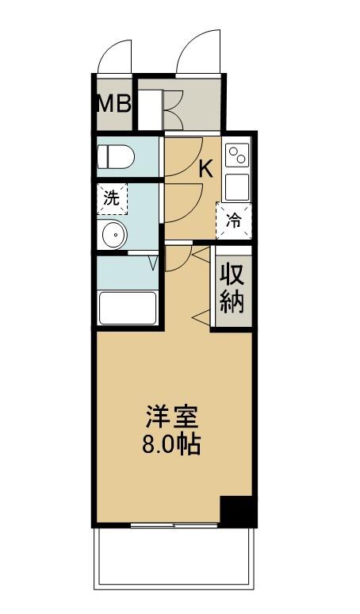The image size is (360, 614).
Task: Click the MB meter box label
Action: tap(113, 103)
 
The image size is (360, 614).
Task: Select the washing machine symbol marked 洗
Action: tap(112, 198)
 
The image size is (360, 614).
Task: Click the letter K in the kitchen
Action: tap(205, 168)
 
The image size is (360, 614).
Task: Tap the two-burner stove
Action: tap(238, 156)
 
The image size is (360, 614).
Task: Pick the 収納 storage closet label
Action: tap(232, 289)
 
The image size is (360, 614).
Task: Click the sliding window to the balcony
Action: tap(174, 525)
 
